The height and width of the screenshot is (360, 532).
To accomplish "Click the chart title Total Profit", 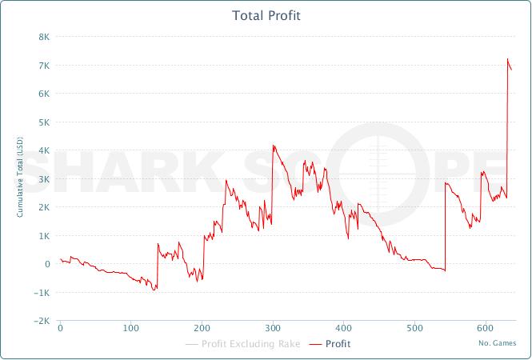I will (266, 16).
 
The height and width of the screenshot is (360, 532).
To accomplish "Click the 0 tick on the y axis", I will (47, 264).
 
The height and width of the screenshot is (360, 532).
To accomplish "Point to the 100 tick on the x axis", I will (130, 328).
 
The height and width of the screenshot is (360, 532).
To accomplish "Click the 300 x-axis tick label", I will (273, 328).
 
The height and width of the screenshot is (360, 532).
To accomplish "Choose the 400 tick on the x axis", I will (343, 328).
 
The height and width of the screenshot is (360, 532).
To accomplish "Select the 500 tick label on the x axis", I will (414, 328).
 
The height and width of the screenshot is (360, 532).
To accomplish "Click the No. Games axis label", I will (497, 343).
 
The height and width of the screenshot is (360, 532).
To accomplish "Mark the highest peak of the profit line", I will (508, 59).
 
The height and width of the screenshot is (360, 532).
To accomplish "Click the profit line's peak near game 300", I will (274, 146).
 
